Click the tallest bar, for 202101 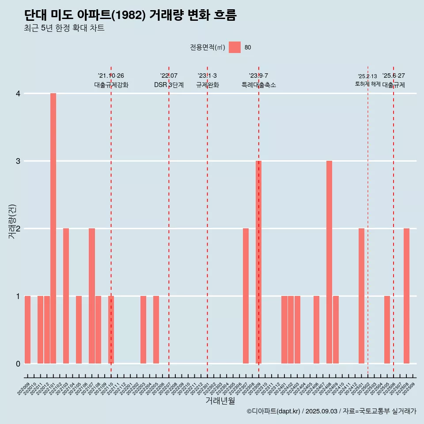(53, 228)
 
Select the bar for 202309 (258, 262)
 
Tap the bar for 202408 (329, 262)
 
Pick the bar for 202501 (361, 296)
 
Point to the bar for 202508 (406, 296)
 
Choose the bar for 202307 (246, 296)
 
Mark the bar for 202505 (387, 329)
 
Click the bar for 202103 (66, 296)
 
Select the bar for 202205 (156, 329)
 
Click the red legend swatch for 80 (235, 47)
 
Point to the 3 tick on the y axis (18, 161)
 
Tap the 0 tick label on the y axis (18, 363)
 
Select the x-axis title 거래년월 (220, 401)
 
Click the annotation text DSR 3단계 (169, 85)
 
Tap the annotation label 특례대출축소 (258, 85)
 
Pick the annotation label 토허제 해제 (367, 83)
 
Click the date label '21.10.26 (111, 76)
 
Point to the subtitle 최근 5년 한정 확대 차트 (64, 28)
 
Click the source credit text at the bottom (331, 412)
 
